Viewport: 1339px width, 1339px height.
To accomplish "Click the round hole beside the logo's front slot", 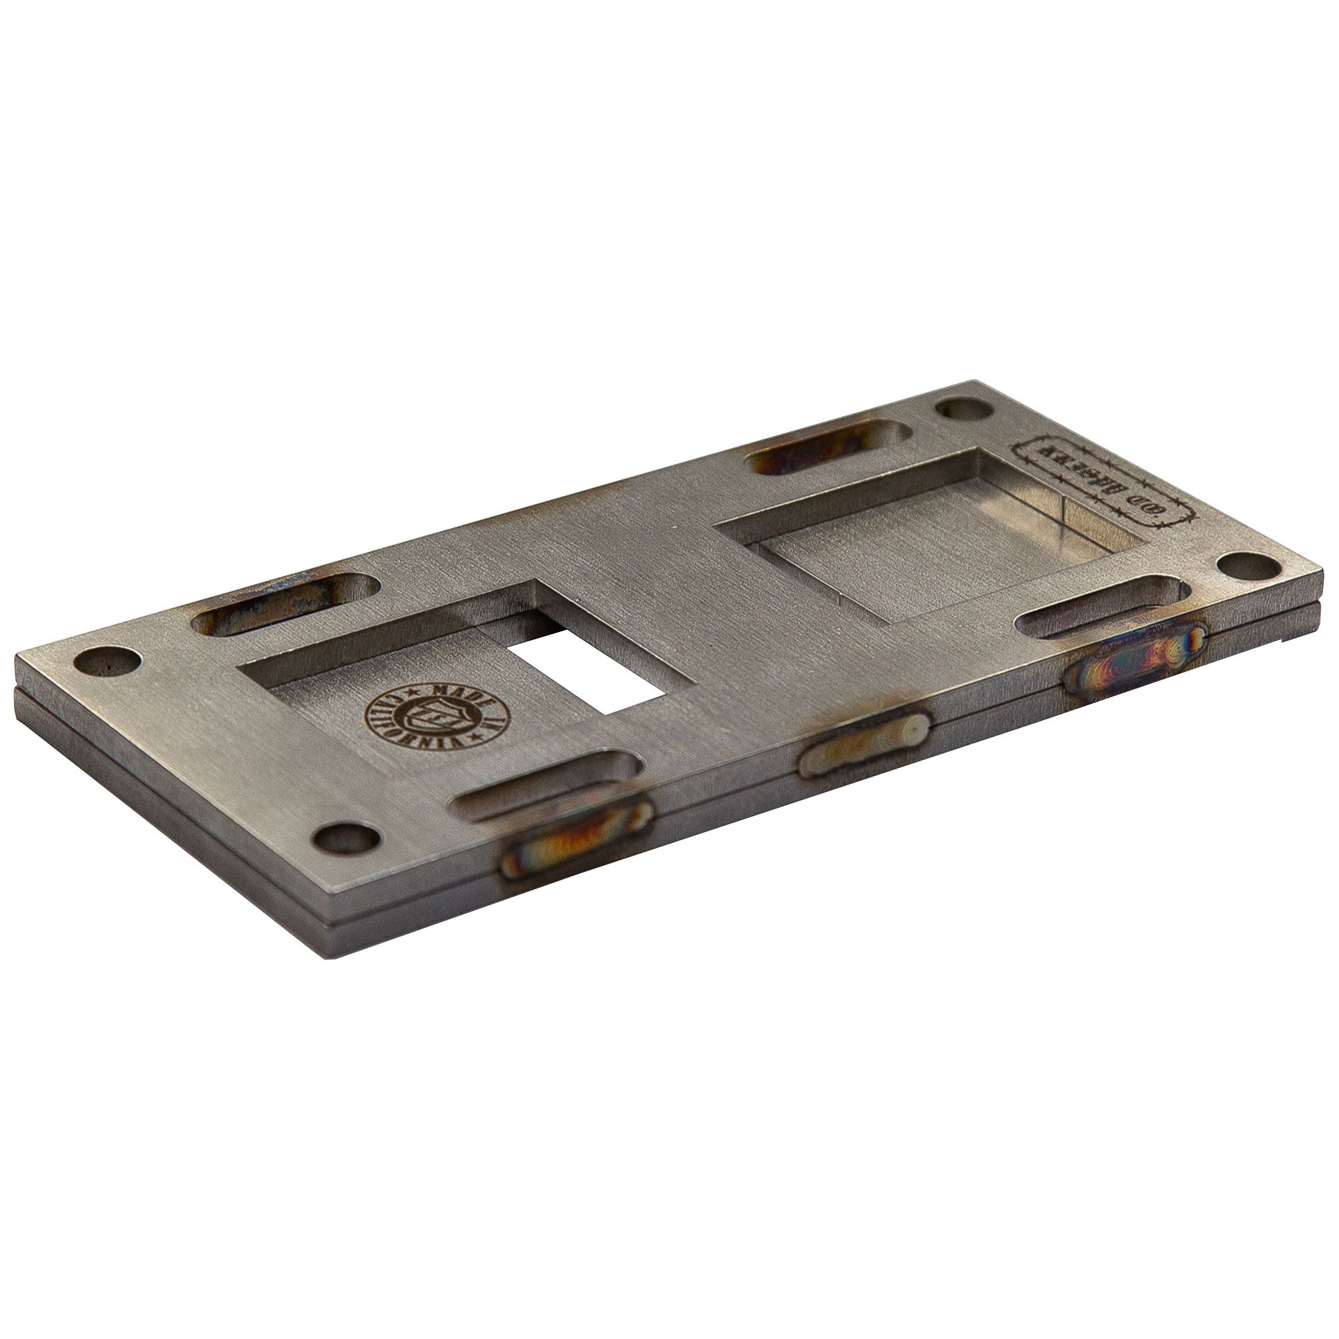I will tap(346, 839).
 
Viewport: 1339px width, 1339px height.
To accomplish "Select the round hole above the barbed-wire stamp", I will tap(965, 410).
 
